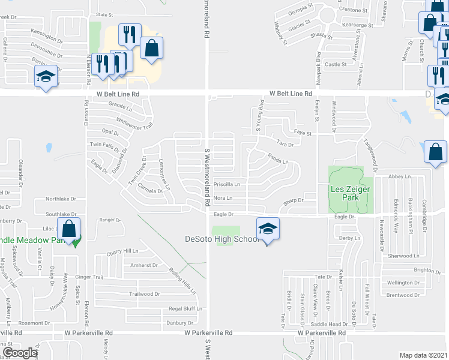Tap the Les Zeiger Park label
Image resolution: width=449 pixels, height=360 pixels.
point(351,193)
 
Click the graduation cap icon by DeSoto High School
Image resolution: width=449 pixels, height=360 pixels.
point(267,229)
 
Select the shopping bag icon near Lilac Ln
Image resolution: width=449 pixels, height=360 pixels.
point(70,230)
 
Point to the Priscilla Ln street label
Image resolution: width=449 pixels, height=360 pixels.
point(227,184)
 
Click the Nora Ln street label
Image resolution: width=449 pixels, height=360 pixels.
point(223,198)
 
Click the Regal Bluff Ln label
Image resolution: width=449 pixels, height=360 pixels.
point(182,308)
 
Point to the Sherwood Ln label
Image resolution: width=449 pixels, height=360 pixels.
point(402,256)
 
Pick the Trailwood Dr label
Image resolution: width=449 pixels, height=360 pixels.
point(145,294)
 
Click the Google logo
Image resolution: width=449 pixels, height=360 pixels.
point(19,353)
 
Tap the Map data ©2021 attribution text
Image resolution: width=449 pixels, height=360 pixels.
point(423,355)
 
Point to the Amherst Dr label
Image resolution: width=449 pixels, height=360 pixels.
point(144,265)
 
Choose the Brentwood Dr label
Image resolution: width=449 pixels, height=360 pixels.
point(403,295)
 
